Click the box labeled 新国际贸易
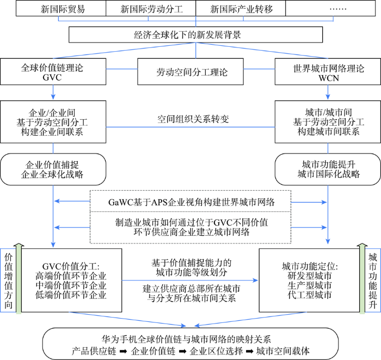click(x=61, y=10)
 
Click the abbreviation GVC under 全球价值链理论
click(x=53, y=78)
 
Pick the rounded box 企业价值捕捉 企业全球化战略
click(x=53, y=170)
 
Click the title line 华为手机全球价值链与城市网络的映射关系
click(x=190, y=335)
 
